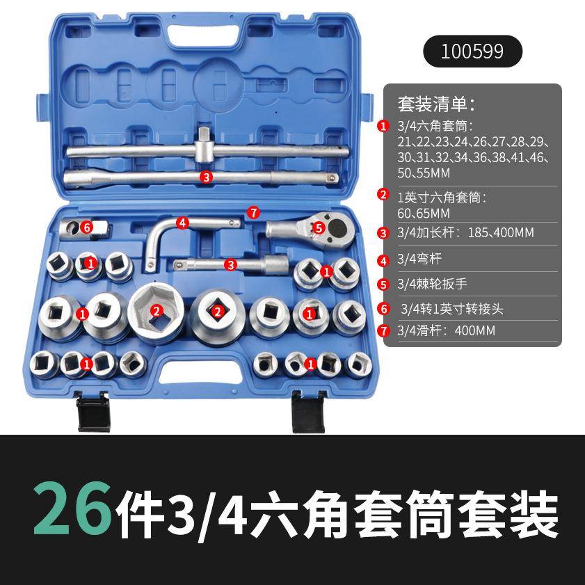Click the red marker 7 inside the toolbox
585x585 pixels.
point(254,211)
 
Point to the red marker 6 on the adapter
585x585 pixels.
point(86,226)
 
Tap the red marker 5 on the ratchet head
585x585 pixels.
point(318,227)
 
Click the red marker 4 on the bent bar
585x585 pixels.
point(183,223)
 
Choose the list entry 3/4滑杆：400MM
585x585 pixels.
point(446,330)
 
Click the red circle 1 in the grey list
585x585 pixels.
point(383,126)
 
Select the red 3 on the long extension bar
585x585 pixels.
point(205,177)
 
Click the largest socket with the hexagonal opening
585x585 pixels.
point(157,311)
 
